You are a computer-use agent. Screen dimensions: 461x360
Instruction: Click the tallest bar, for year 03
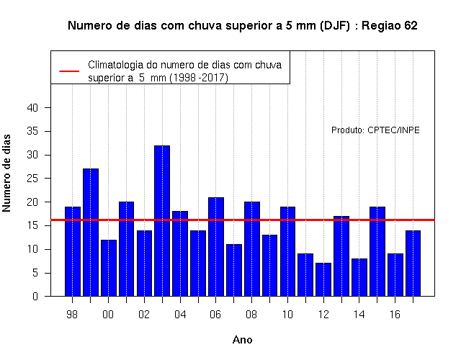pos(162,221)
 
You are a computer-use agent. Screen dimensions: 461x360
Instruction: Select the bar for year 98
pos(73,251)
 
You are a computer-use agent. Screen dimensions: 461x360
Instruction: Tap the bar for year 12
pos(323,279)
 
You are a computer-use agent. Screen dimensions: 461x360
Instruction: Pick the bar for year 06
pos(216,246)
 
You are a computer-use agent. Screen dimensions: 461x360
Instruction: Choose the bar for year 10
pos(287,251)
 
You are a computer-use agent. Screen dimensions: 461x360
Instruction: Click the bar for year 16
pos(395,275)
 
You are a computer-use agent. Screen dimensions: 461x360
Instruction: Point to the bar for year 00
pos(109,268)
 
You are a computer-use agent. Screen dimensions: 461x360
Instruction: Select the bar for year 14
pos(359,277)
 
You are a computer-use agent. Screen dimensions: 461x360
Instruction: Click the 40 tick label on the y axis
pos(32,108)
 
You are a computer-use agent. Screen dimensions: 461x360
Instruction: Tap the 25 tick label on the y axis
pos(32,179)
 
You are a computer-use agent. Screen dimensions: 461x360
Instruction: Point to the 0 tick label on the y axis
pos(35,296)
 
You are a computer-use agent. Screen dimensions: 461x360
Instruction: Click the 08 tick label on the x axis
pos(251,315)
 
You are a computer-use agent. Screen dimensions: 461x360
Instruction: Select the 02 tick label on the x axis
pos(144,315)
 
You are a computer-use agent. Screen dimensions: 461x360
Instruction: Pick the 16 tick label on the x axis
pos(395,315)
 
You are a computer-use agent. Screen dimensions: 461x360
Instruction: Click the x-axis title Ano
pos(242,340)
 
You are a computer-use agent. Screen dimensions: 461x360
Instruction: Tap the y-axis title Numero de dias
pos(6,173)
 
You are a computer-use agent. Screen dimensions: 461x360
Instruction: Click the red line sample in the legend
pos(69,71)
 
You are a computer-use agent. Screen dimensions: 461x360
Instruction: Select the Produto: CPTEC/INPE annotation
pos(375,130)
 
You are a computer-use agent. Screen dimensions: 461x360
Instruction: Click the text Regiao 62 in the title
pos(389,26)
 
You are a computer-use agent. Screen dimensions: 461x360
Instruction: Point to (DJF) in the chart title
pos(334,26)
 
